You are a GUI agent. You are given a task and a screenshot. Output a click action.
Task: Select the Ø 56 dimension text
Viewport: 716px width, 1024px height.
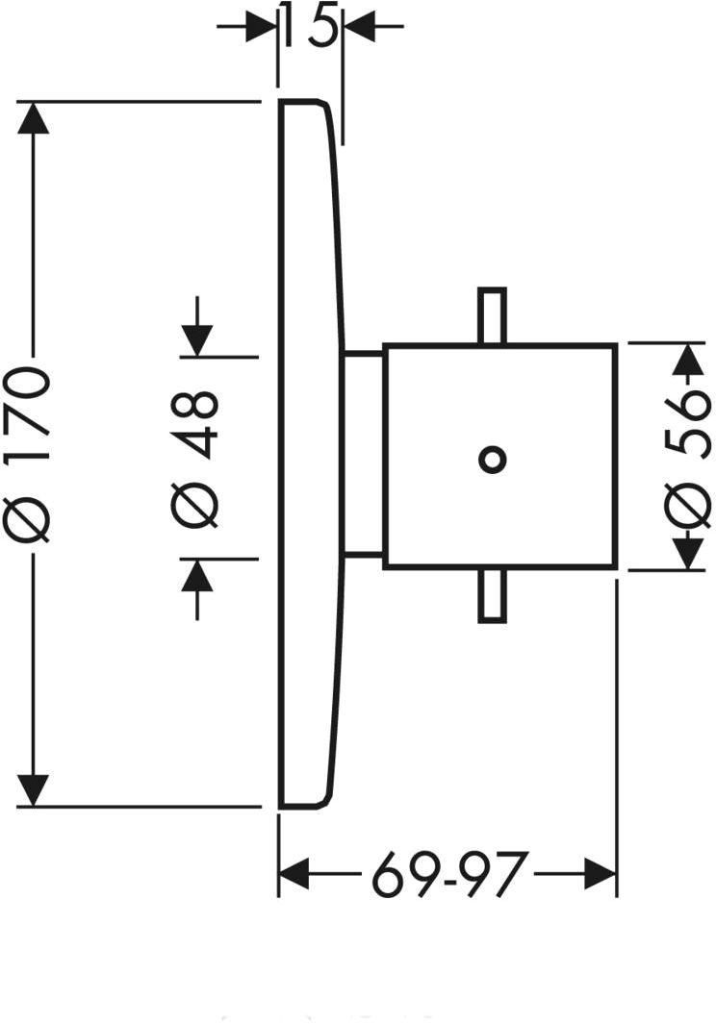click(687, 456)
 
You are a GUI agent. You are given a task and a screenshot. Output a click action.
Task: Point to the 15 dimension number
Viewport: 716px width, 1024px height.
click(310, 26)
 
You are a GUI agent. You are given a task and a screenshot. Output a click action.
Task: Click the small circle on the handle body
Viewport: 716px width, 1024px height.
click(492, 460)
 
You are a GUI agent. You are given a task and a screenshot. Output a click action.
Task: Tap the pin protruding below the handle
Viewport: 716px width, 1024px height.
click(492, 596)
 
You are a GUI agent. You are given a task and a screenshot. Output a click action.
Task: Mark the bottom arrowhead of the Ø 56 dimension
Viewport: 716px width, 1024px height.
click(687, 554)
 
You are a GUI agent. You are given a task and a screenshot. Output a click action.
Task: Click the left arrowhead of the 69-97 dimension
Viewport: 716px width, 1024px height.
click(294, 876)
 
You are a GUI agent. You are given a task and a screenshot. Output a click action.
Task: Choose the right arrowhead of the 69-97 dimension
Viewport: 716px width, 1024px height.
click(601, 876)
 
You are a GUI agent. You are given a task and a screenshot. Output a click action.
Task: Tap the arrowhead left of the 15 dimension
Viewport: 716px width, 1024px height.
click(263, 26)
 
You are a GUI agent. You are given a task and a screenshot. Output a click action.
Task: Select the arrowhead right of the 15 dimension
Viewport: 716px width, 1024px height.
click(358, 26)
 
